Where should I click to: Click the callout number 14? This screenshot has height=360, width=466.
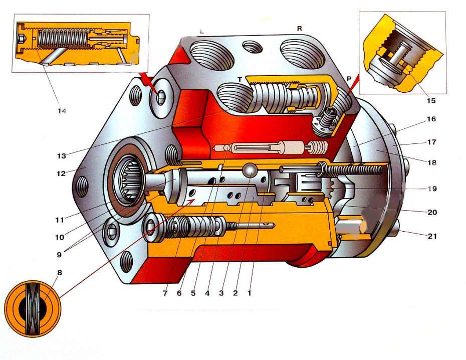pos(62,111)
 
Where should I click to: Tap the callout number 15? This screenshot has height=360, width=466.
pos(430,100)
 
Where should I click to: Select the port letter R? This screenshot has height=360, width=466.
pos(299,29)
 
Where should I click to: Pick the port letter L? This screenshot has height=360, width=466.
pos(201,31)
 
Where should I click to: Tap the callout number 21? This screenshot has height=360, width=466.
pos(431,236)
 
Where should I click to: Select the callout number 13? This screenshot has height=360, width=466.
pos(62,156)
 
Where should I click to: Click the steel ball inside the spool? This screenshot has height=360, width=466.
pos(250,170)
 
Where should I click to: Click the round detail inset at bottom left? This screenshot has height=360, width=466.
pos(33,308)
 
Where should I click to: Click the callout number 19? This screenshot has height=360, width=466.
pos(431,189)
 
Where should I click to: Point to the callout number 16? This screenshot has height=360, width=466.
pos(431,119)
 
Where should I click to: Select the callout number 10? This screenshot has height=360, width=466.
pos(60,237)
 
